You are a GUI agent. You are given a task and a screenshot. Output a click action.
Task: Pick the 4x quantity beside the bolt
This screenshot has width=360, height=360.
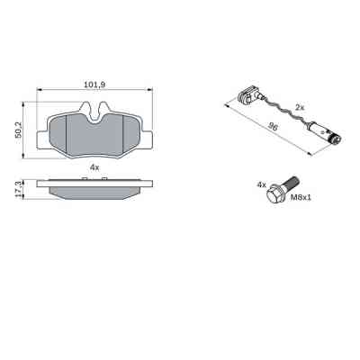(262, 184)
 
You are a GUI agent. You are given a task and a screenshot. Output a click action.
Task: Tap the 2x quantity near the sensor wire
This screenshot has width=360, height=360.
(301, 107)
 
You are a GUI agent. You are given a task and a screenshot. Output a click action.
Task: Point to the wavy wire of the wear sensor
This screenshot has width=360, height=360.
(288, 117)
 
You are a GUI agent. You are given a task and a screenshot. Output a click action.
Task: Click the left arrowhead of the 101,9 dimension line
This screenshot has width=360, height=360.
(39, 90)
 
